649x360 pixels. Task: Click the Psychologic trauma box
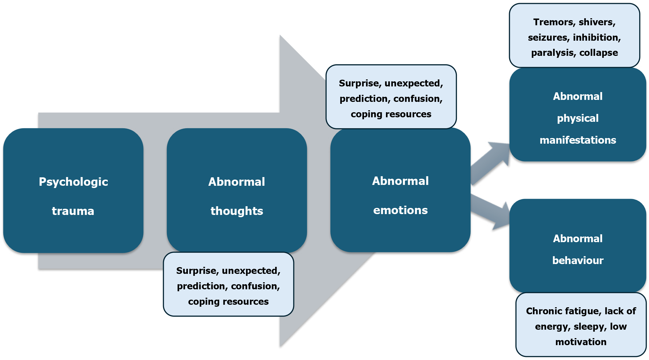pos(73,191)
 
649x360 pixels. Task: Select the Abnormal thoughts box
pos(237,191)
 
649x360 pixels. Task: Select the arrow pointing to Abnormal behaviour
pos(491,212)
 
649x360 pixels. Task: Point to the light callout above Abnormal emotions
pos(391,97)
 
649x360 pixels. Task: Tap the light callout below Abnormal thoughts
pos(228,284)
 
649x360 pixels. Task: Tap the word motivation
pos(581,342)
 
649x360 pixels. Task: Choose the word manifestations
pos(578,140)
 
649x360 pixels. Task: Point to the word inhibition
pos(597,38)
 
